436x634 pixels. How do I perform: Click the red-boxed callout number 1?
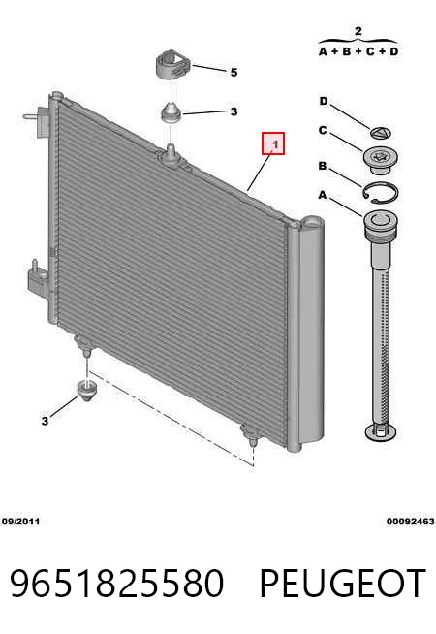pyautogui.click(x=273, y=143)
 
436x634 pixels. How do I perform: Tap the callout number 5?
pyautogui.click(x=234, y=73)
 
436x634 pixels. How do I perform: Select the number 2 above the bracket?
pyautogui.click(x=358, y=31)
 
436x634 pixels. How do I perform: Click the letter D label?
pyautogui.click(x=324, y=101)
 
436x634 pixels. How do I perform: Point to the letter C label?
pyautogui.click(x=323, y=130)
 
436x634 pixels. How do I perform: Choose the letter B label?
pyautogui.click(x=323, y=166)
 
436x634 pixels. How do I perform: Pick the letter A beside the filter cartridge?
pyautogui.click(x=322, y=195)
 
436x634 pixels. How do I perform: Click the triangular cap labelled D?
pyautogui.click(x=381, y=133)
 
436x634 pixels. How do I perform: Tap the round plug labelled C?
pyautogui.click(x=381, y=160)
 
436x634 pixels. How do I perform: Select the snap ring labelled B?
pyautogui.click(x=380, y=193)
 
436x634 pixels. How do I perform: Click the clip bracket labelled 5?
pyautogui.click(x=171, y=64)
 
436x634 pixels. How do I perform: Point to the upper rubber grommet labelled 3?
pyautogui.click(x=171, y=112)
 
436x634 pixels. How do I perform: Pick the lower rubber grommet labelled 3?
pyautogui.click(x=87, y=390)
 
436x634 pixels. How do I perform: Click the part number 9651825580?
pyautogui.click(x=116, y=584)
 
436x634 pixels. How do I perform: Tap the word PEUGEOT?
pyautogui.click(x=342, y=584)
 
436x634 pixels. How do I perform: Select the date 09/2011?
pyautogui.click(x=20, y=522)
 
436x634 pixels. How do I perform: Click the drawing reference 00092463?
pyautogui.click(x=410, y=522)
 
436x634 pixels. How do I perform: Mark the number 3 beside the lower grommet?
pyautogui.click(x=45, y=421)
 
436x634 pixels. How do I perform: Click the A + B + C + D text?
pyautogui.click(x=358, y=51)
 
